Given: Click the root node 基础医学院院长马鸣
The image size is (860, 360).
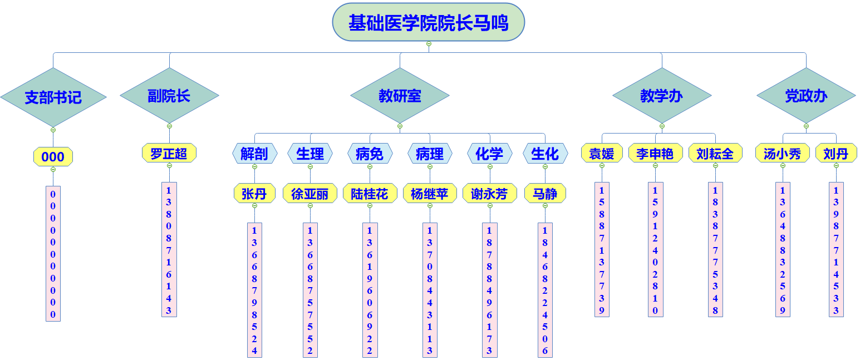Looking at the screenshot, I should [428, 22].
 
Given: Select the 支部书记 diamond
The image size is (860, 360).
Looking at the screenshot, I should [53, 97].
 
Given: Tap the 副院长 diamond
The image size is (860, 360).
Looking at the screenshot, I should [169, 96].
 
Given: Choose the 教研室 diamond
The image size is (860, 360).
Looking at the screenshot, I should [400, 96].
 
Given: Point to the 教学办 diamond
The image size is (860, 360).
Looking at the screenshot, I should [661, 96].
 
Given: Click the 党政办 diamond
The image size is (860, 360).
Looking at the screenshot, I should [806, 96].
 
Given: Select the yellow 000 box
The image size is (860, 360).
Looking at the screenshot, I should [53, 157].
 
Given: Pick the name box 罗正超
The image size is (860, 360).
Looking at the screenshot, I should [169, 153].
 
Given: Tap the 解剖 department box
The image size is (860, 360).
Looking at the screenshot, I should [254, 154].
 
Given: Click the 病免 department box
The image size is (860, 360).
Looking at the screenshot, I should [370, 154].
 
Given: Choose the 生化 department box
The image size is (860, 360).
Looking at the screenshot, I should [545, 154].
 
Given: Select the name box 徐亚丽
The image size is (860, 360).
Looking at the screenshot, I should [310, 194].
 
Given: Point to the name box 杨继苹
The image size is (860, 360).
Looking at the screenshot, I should [430, 194].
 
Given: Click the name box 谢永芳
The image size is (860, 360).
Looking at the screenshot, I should [490, 194].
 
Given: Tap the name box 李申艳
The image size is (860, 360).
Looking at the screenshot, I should [655, 153].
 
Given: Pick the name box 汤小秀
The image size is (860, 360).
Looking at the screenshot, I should [783, 153].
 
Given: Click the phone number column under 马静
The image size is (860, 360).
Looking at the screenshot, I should [545, 289].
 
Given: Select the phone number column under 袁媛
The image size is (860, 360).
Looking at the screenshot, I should [602, 249].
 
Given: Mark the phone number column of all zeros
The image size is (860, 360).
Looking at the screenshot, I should [53, 253].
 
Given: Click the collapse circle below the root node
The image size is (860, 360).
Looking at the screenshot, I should [429, 43].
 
